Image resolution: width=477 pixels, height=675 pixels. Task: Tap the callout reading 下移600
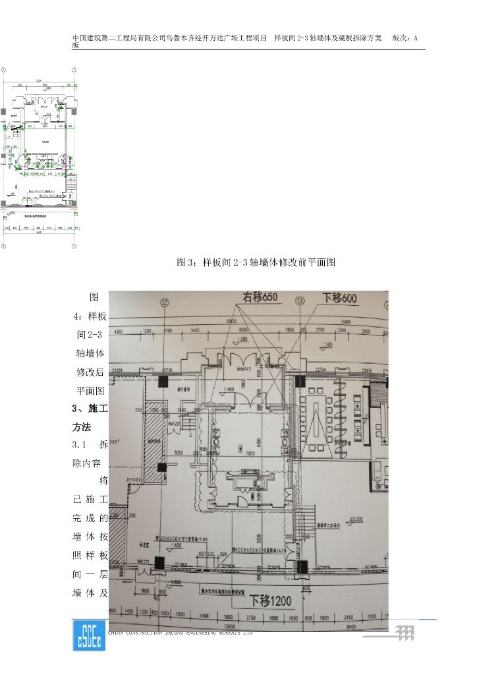tap(339, 299)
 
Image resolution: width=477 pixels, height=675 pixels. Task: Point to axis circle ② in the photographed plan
tap(164, 303)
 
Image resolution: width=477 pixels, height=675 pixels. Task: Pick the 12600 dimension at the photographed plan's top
tap(231, 320)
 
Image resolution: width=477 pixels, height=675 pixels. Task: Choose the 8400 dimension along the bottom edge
tap(351, 626)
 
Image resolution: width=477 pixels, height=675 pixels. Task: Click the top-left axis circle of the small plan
tap(3, 69)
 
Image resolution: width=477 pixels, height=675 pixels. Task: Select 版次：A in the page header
tap(409, 38)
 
